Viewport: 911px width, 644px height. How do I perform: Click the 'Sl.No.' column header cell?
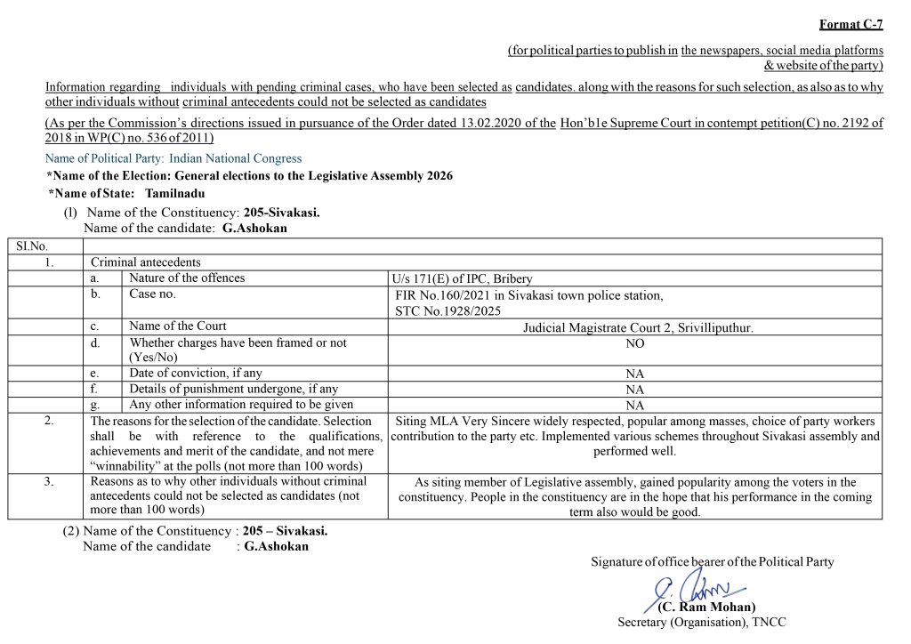[x=32, y=246]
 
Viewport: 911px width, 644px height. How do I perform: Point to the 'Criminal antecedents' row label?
[x=146, y=262]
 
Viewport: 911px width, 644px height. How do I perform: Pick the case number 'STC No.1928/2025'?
[x=448, y=311]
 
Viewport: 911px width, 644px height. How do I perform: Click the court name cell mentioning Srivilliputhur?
[x=638, y=327]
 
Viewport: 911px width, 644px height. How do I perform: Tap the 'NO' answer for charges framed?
[x=635, y=342]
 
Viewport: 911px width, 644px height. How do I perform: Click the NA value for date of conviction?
[x=635, y=374]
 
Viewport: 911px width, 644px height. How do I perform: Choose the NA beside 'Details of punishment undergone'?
[x=635, y=390]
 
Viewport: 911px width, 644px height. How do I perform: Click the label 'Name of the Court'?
[x=178, y=326]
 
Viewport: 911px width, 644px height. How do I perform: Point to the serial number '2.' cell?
[x=49, y=421]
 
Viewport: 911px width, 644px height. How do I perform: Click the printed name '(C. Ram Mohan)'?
[x=706, y=608]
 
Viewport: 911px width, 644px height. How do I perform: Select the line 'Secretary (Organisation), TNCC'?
[x=702, y=623]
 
